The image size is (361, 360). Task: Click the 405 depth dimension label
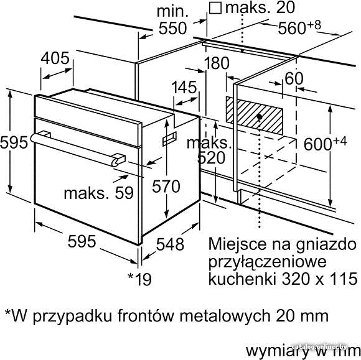(x=55, y=58)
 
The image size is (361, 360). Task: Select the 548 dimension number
(x=170, y=244)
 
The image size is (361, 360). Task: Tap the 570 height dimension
(x=166, y=187)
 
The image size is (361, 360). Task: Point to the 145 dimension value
(x=184, y=88)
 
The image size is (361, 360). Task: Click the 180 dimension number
(x=217, y=63)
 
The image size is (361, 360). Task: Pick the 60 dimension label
(x=294, y=78)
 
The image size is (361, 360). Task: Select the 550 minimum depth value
(x=172, y=29)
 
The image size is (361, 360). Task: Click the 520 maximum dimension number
(x=212, y=158)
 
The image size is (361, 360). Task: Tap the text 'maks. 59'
(x=98, y=193)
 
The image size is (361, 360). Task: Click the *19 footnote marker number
(x=140, y=279)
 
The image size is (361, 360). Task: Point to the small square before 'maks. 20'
(x=215, y=9)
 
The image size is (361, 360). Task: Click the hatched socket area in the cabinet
(x=254, y=115)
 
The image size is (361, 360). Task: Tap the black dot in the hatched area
(x=260, y=117)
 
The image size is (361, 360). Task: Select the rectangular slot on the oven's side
(x=170, y=139)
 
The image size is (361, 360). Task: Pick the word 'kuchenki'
(x=243, y=279)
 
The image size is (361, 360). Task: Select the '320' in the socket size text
(x=295, y=279)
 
